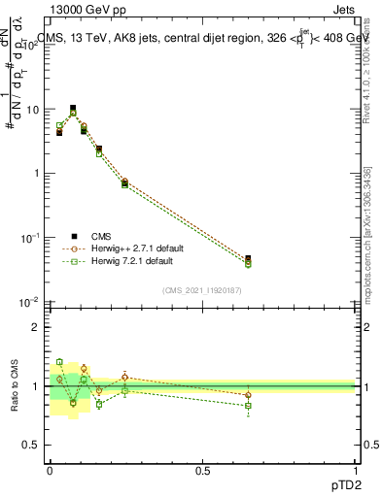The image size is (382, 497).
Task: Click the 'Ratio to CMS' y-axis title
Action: [15, 386]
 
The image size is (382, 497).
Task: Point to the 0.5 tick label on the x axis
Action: [202, 470]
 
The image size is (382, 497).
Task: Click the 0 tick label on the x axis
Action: [50, 470]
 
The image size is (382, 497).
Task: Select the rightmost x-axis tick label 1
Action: [356, 470]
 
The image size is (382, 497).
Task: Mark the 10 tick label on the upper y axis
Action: [34, 110]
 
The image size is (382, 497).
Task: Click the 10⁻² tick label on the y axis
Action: [32, 302]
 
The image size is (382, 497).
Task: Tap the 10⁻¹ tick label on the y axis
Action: [32, 238]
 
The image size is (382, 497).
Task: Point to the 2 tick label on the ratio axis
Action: [38, 327]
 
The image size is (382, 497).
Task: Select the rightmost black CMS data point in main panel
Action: [249, 259]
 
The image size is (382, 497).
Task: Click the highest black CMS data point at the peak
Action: [73, 109]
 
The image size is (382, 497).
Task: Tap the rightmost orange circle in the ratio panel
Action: [249, 395]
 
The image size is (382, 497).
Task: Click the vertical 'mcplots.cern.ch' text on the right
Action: [366, 252]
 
